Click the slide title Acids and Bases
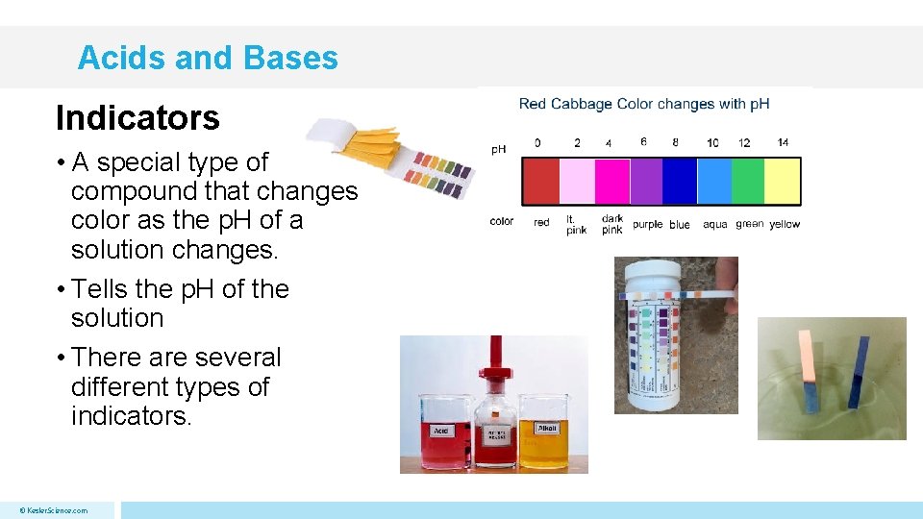click(208, 58)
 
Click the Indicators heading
click(137, 118)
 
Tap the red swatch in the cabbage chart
click(539, 181)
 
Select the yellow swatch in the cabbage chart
click(782, 181)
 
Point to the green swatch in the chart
click(747, 181)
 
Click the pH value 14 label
click(783, 142)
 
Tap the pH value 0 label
click(537, 143)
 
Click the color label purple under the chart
click(647, 224)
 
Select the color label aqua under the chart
click(715, 224)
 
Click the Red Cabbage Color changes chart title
click(643, 104)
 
